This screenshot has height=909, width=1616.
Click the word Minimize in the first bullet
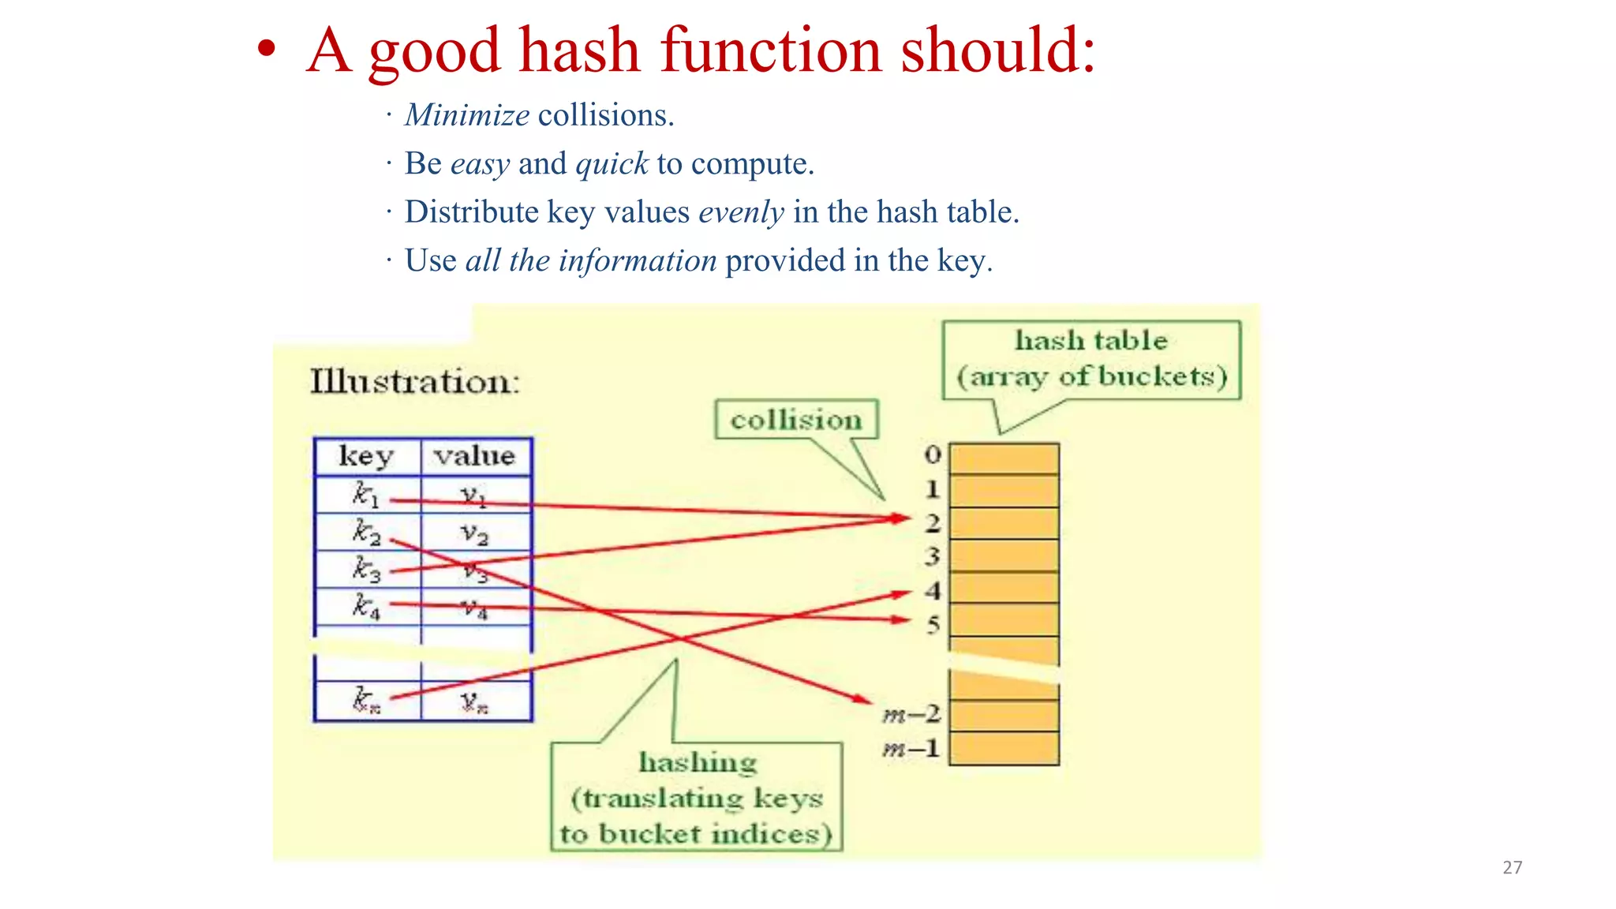(x=466, y=115)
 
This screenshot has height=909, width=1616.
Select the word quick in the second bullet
(x=612, y=163)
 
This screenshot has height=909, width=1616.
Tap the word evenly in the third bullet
(x=741, y=212)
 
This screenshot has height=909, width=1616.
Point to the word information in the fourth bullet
(x=638, y=260)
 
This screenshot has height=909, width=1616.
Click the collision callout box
(x=796, y=419)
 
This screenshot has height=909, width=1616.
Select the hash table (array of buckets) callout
(x=1091, y=359)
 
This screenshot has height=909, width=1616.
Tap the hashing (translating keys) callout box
(x=697, y=797)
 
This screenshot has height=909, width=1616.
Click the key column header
(x=366, y=456)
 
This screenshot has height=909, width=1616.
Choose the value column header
(x=475, y=456)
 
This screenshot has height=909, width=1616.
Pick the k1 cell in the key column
(x=366, y=495)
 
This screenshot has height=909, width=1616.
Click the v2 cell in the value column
(x=475, y=534)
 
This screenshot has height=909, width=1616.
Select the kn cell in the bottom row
(x=366, y=700)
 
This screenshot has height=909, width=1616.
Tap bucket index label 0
(x=933, y=454)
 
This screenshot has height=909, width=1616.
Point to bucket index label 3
(x=933, y=556)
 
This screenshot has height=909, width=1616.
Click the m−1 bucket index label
(x=912, y=748)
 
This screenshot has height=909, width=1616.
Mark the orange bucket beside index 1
(x=1004, y=490)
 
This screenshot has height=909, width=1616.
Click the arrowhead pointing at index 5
(x=903, y=620)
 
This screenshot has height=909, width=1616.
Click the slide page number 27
(x=1512, y=867)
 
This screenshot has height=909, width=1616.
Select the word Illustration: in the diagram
(x=415, y=382)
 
